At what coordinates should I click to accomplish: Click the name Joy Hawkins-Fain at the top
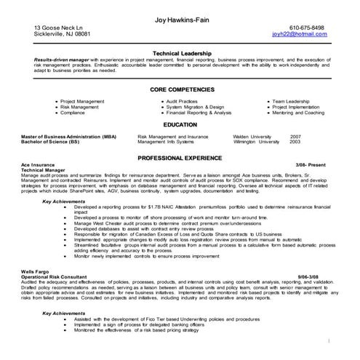coord(180,19)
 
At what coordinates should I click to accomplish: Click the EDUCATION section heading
coord(180,124)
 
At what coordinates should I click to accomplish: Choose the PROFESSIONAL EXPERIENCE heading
coord(180,157)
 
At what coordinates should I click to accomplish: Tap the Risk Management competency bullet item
coord(82,107)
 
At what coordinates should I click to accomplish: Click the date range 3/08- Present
coord(312,165)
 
